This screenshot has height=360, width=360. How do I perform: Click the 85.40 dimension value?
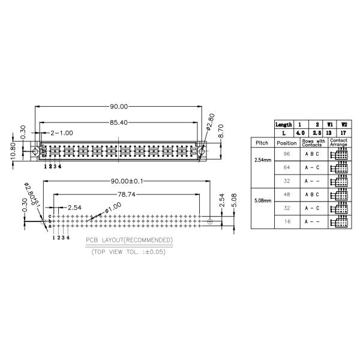coord(119,122)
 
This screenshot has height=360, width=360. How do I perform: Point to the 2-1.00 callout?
coord(62,133)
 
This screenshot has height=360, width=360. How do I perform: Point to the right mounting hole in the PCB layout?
coord(209,221)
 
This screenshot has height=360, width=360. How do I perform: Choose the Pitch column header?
coord(262,143)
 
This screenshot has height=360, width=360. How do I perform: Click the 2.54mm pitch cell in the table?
coord(262,161)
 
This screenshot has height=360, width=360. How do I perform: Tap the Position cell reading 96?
coord(286,154)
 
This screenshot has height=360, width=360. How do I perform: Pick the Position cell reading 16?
coord(286,222)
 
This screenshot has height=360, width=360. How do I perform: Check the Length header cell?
coord(283,124)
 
